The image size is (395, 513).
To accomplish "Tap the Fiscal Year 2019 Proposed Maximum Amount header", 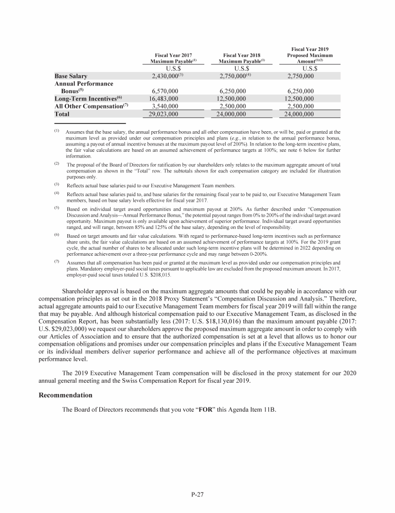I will click(310, 55).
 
